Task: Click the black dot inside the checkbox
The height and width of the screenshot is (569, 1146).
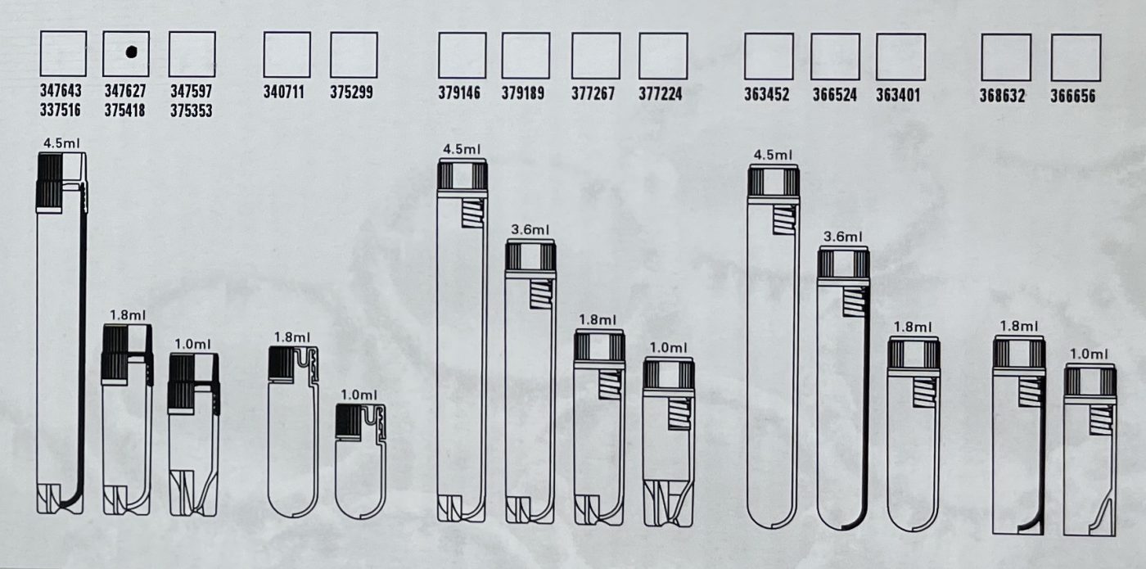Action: (132, 52)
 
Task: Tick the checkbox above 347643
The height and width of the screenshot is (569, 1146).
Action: (64, 53)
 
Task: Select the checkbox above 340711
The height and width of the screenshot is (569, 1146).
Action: (287, 55)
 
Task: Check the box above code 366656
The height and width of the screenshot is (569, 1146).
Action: (1076, 58)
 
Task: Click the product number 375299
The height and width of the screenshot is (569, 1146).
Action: (351, 92)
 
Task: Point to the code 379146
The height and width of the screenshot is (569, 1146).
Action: (459, 93)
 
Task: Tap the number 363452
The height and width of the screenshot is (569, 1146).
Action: (767, 94)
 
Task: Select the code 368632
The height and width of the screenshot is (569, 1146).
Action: (1002, 96)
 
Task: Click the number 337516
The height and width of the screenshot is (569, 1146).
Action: (61, 110)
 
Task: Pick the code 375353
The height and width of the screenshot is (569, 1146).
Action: (192, 111)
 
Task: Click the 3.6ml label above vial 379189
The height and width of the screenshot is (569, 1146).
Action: (530, 230)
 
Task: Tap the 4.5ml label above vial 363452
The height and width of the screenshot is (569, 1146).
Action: (773, 155)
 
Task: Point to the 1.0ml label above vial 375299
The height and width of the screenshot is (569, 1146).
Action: (359, 395)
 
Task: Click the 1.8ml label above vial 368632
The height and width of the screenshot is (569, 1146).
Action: (1019, 326)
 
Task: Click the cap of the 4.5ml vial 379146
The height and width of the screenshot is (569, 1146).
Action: (462, 177)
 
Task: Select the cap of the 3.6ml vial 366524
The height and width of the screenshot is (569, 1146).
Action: (843, 266)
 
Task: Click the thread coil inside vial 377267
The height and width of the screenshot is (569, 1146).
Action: (610, 384)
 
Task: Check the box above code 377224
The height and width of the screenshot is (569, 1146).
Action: (663, 56)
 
